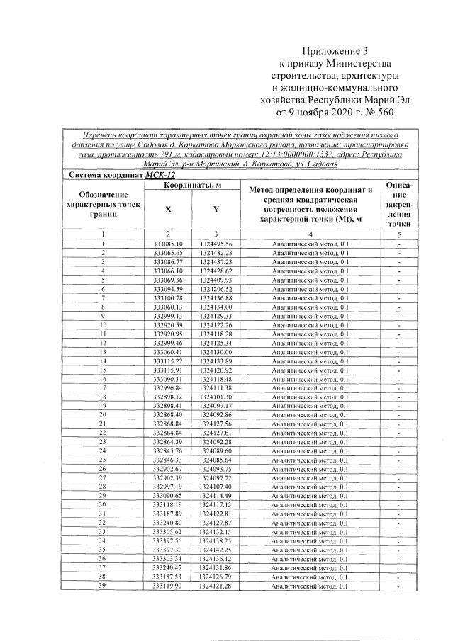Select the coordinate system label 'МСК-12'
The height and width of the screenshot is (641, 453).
coord(160,175)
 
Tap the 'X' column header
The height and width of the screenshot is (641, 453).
coord(168,210)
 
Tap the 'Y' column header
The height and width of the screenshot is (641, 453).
coord(216,210)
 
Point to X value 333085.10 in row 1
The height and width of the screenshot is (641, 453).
coord(168,244)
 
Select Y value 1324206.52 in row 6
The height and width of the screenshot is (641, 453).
coord(216,289)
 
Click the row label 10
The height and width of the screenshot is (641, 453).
coord(103,325)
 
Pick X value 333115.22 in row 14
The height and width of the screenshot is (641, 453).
coord(168,361)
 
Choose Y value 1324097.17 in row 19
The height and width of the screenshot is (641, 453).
coord(216,406)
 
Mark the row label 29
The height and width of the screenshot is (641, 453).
coord(103,496)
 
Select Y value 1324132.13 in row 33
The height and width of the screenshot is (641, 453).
coord(216,532)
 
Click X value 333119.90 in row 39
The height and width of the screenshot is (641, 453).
coord(168,586)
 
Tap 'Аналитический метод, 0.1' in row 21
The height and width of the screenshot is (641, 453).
coord(311,424)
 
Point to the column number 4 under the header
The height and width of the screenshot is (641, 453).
coord(311,234)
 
